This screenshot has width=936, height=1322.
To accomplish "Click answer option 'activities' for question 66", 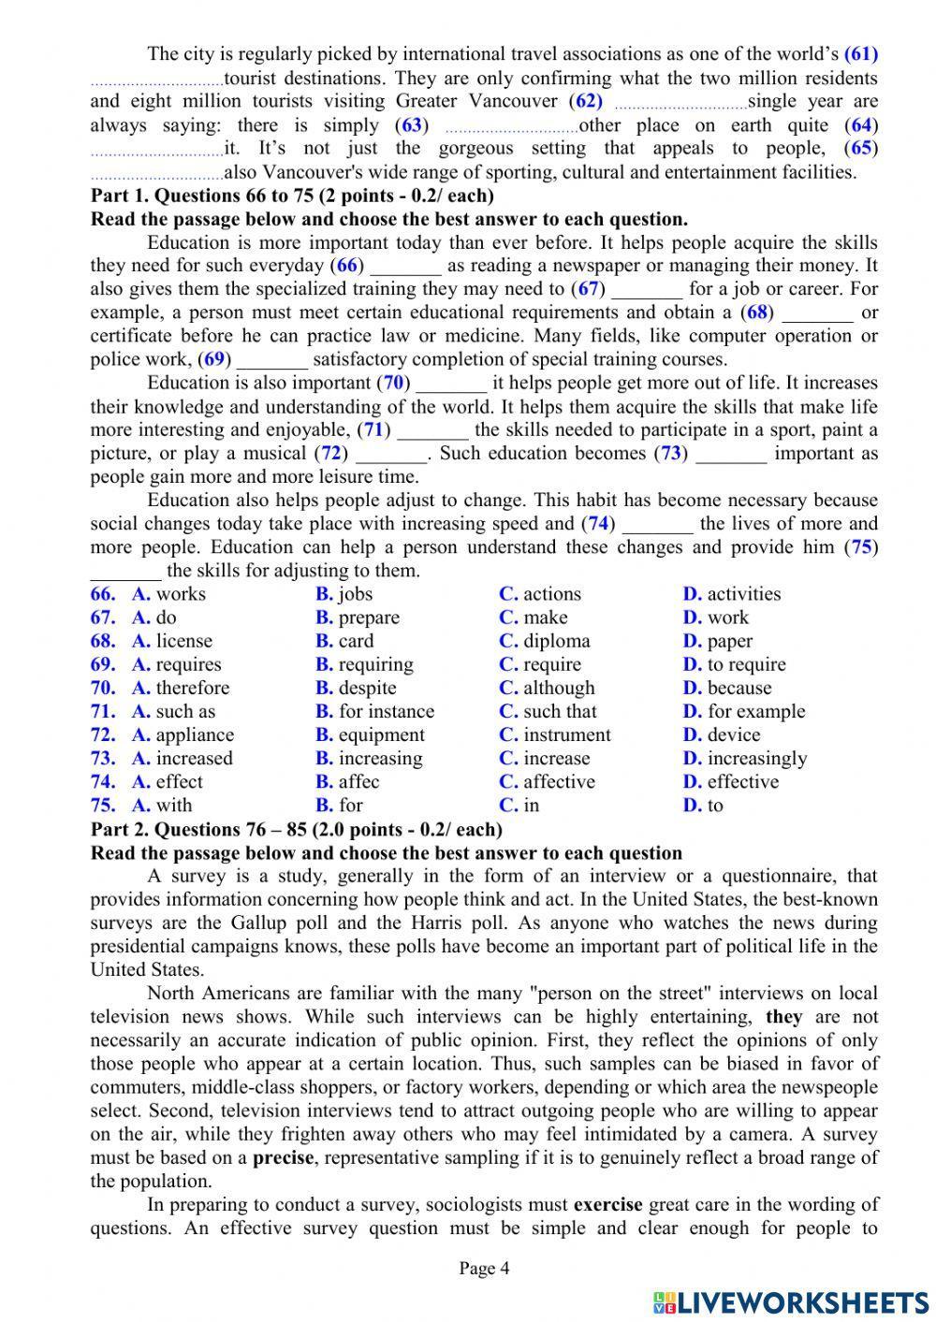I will coord(743,594).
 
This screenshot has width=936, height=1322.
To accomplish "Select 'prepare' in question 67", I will coord(369,617).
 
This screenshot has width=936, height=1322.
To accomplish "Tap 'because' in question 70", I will coord(739,688).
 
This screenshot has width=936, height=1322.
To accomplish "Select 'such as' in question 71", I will coord(185,711).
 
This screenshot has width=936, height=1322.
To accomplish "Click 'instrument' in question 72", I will coord(566,734).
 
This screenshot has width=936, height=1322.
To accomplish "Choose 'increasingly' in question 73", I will coord(756,758).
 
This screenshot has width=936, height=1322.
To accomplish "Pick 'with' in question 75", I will coord(174,805).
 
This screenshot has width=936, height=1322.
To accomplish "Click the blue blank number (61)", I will coord(860,54).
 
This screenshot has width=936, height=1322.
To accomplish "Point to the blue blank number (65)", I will coord(860,148).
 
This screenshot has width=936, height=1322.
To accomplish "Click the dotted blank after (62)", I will coord(681,102).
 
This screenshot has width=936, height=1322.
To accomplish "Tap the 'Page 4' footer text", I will coord(484,1269).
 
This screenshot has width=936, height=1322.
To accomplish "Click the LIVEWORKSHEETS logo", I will coord(790,1301).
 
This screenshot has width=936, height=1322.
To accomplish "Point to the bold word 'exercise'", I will coord(607,1204).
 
